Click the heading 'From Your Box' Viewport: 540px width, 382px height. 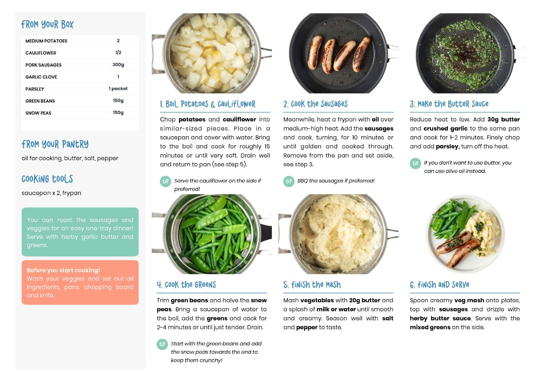(x=47, y=24)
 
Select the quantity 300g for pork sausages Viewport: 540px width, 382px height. (x=118, y=65)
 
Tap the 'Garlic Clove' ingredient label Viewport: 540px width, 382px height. (x=41, y=77)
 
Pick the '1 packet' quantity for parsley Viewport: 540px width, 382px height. (x=118, y=89)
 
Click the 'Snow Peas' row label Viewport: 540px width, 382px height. (x=38, y=113)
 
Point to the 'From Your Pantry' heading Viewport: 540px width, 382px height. (x=55, y=144)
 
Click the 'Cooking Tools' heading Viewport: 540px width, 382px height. (x=47, y=179)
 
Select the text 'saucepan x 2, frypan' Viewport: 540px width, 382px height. (x=51, y=193)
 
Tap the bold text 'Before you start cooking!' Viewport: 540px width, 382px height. (x=63, y=270)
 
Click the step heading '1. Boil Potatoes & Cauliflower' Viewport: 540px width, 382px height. (x=207, y=104)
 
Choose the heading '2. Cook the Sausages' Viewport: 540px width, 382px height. (x=315, y=104)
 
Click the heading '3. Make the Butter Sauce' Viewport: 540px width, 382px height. (x=449, y=104)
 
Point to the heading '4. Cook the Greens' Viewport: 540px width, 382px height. (x=186, y=285)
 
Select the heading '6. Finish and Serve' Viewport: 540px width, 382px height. (x=440, y=285)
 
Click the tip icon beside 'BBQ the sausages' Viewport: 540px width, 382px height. (x=289, y=181)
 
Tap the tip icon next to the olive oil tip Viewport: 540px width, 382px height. (x=415, y=164)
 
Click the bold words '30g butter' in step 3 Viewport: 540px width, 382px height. (x=503, y=119)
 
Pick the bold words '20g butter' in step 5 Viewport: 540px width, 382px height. (x=365, y=300)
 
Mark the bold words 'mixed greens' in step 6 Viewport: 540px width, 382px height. (x=430, y=327)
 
